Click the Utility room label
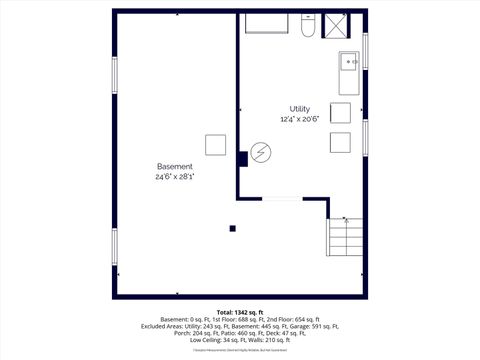299,108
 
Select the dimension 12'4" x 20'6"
299,120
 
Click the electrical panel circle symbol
261,152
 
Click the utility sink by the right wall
350,63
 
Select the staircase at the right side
345,237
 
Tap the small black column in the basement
233,228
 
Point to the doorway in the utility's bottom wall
283,198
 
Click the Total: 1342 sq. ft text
240,312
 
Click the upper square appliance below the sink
340,113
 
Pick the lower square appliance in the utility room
340,142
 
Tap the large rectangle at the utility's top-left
267,23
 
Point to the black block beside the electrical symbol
242,156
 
